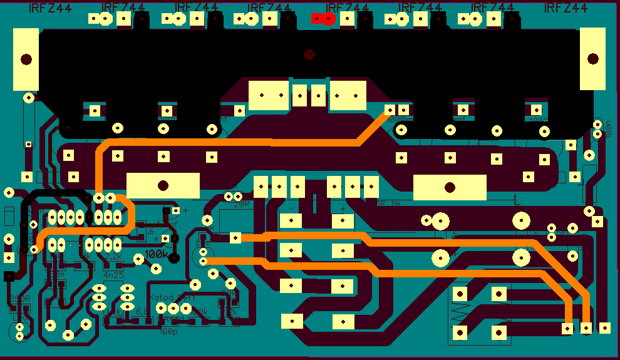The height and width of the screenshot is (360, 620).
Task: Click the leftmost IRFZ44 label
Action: pyautogui.click(x=50, y=8)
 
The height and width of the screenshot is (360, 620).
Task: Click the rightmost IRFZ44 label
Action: pyautogui.click(x=566, y=8)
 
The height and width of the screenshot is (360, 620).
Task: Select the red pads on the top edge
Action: pyautogui.click(x=323, y=18)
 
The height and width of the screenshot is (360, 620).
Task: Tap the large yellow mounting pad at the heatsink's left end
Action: pyautogui.click(x=26, y=59)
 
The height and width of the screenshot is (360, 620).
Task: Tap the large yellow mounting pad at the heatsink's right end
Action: pyautogui.click(x=593, y=59)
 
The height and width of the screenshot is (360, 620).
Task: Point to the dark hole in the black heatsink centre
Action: pyautogui.click(x=309, y=55)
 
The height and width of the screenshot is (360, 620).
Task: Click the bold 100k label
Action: pyautogui.click(x=157, y=254)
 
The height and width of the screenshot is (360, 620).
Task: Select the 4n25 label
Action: pyautogui.click(x=113, y=274)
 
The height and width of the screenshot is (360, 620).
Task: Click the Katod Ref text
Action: pyautogui.click(x=172, y=298)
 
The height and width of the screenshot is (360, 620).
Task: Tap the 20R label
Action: pyautogui.click(x=242, y=204)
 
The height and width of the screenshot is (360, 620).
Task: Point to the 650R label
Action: pyautogui.click(x=20, y=298)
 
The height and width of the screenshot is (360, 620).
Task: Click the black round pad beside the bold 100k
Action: pyautogui.click(x=175, y=257)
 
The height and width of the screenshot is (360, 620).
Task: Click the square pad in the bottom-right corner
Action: pyautogui.click(x=604, y=327)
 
